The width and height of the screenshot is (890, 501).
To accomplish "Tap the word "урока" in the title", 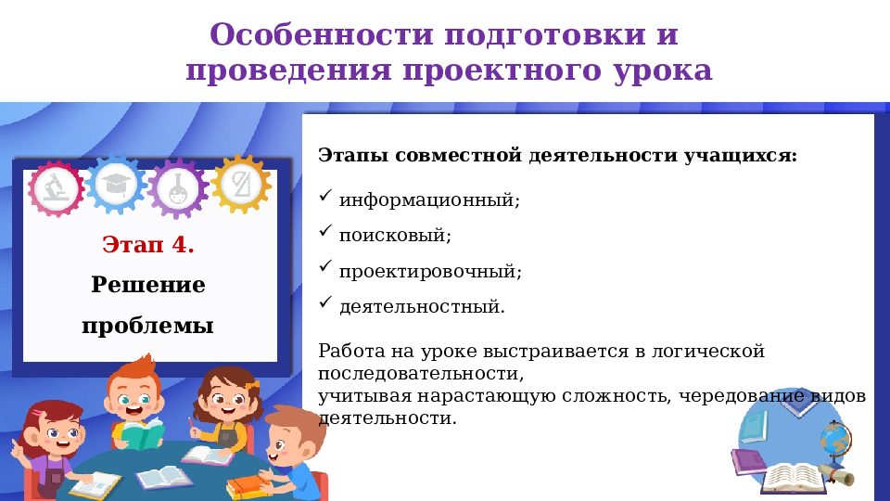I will point(661,71).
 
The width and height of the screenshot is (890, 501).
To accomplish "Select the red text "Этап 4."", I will point(148,245).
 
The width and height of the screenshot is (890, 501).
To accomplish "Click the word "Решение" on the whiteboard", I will point(148,284).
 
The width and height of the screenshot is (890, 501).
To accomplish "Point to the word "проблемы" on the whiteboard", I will point(148,326).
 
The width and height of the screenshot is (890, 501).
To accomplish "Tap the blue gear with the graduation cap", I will point(116,185).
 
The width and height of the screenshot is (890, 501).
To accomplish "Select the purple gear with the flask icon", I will point(178,187).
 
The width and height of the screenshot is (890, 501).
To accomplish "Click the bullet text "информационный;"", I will point(429,199).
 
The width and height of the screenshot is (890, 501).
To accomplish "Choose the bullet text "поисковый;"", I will point(395,236).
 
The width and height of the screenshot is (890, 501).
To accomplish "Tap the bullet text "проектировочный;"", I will point(430,272).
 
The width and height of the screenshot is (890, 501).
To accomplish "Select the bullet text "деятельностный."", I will point(422,306).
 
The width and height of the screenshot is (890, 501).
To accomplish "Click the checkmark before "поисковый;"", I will point(324,231).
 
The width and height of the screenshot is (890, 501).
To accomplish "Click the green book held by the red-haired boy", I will point(141,435).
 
